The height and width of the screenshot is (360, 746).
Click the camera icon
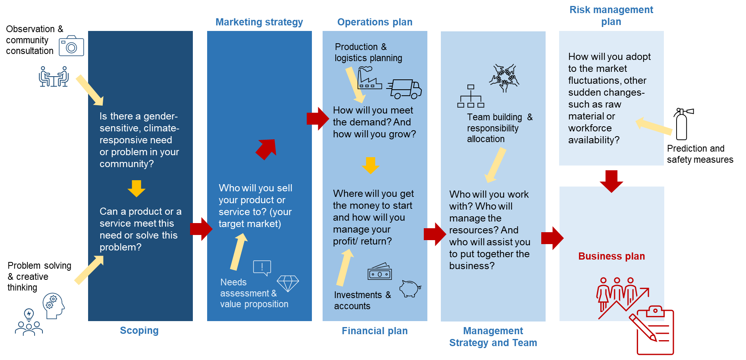click(x=71, y=46)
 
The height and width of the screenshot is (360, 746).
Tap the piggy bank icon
click(x=410, y=289)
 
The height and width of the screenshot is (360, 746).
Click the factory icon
click(x=369, y=78)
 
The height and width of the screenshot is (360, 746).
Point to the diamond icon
click(x=288, y=283)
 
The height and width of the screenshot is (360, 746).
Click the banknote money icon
click(x=380, y=272)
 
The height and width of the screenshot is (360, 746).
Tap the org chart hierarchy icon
click(x=471, y=96)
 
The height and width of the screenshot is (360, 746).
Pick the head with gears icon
click(x=54, y=306)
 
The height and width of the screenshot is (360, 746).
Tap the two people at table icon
click(x=54, y=76)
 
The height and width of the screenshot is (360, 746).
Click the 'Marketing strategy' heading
click(x=259, y=22)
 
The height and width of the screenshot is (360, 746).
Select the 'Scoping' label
click(x=139, y=331)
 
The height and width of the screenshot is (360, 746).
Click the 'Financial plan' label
click(x=375, y=331)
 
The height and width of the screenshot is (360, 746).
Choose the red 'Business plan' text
click(x=611, y=256)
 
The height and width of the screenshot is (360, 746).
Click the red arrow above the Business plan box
click(x=611, y=181)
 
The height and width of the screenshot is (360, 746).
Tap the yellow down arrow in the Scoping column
click(x=137, y=188)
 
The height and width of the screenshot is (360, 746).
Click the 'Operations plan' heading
click(x=375, y=22)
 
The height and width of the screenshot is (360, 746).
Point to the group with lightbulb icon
click(x=29, y=322)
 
